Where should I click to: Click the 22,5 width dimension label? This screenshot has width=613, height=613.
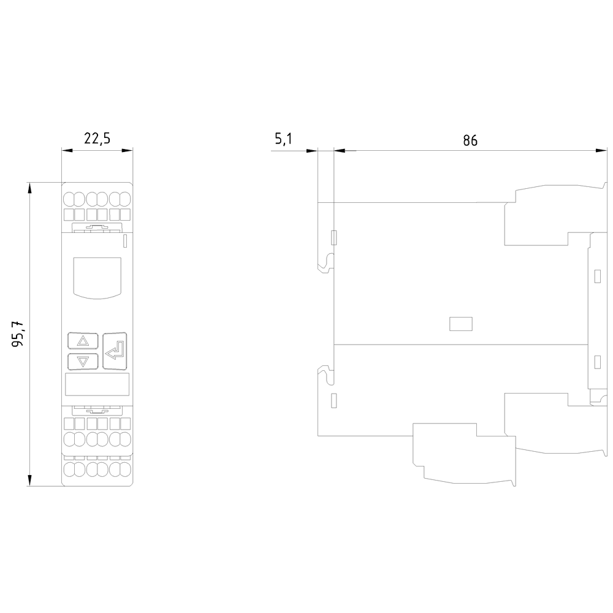pyautogui.click(x=97, y=139)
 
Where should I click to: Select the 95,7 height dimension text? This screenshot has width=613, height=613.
pyautogui.click(x=18, y=333)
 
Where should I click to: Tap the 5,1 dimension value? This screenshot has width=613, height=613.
pyautogui.click(x=283, y=139)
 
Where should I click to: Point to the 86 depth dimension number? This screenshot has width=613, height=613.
pyautogui.click(x=470, y=140)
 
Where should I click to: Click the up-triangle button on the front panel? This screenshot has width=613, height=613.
pyautogui.click(x=83, y=341)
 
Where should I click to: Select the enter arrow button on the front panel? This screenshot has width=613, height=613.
pyautogui.click(x=115, y=351)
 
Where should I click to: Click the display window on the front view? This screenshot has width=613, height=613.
pyautogui.click(x=97, y=278)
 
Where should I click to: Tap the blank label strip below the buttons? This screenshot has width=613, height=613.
pyautogui.click(x=97, y=384)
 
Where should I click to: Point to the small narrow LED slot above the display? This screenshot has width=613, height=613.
pyautogui.click(x=125, y=241)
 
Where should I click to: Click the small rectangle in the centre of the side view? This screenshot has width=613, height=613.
pyautogui.click(x=461, y=324)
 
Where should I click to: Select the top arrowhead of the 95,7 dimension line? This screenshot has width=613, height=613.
pyautogui.click(x=29, y=188)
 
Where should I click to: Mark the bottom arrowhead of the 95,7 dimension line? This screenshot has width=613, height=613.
pyautogui.click(x=29, y=481)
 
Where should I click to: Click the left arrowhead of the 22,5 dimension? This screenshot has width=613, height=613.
pyautogui.click(x=67, y=151)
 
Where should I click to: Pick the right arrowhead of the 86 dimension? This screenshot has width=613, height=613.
pyautogui.click(x=601, y=151)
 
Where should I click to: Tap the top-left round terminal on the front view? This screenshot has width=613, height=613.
pyautogui.click(x=69, y=199)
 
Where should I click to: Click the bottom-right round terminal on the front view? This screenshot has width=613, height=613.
pyautogui.click(x=125, y=469)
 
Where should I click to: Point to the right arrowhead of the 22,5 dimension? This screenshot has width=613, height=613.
pyautogui.click(x=127, y=151)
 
